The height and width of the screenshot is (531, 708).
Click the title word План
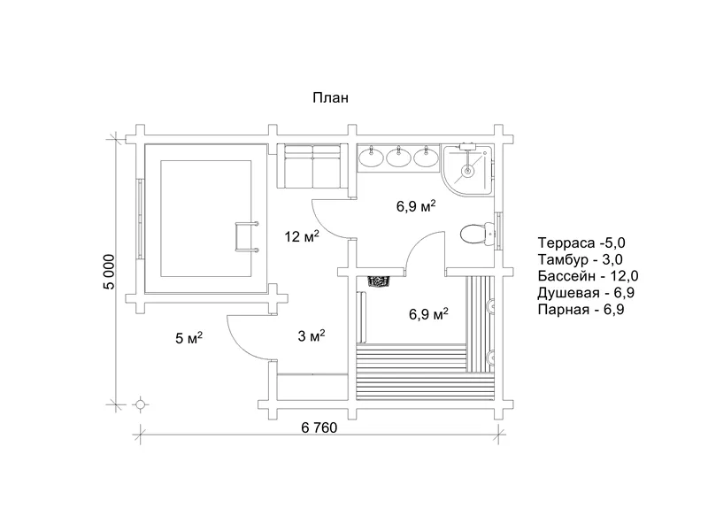coord(330,97)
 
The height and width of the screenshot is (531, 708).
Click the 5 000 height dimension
coord(109,272)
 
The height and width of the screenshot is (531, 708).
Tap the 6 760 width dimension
coord(319,427)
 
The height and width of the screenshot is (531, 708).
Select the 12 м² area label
coord(302,235)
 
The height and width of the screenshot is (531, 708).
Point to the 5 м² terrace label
coord(189,337)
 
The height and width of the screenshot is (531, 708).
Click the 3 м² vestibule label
coord(312,335)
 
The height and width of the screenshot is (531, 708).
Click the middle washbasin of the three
coord(399,157)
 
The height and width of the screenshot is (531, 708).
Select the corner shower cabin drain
coord(467,171)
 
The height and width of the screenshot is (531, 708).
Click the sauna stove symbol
coord(380,281)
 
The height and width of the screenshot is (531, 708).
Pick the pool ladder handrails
coord(246,236)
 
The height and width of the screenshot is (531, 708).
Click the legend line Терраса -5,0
coord(581,242)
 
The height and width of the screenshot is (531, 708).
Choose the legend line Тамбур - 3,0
coord(581,259)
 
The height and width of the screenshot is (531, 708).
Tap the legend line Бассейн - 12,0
coord(588,276)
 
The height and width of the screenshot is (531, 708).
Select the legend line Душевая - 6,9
coord(586,293)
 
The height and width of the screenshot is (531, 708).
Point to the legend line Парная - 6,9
coord(581,309)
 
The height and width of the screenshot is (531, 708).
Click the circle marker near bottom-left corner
coord(141,404)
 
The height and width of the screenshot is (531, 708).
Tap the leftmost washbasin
coord(372,157)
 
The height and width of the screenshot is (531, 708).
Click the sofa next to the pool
coord(312,166)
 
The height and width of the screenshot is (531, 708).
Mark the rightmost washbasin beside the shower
coord(427,157)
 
